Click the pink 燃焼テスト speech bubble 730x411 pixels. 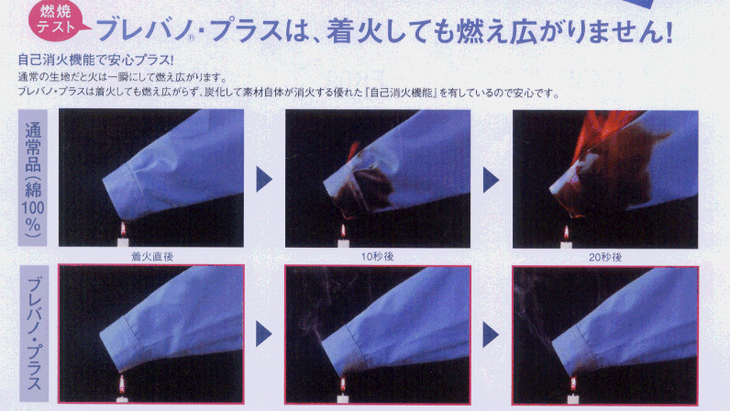pos(57,21)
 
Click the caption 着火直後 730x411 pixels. pos(152,256)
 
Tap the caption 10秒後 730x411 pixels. pos(378,256)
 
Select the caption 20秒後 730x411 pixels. pos(605,257)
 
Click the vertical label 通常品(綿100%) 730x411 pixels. pos(33,178)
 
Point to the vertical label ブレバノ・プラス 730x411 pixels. pos(34,334)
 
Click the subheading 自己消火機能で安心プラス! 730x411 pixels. pos(96,60)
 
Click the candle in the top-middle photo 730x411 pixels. pos(344,237)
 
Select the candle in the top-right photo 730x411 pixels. pos(566,238)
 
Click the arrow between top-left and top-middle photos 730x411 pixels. pos(263,180)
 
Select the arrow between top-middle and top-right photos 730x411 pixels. pos(491,180)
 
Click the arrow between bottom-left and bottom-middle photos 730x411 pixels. pos(263,334)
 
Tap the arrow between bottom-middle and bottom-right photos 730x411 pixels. pos(491,335)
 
